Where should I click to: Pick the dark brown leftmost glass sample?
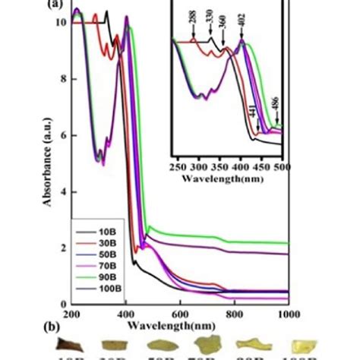[x=74, y=343]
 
